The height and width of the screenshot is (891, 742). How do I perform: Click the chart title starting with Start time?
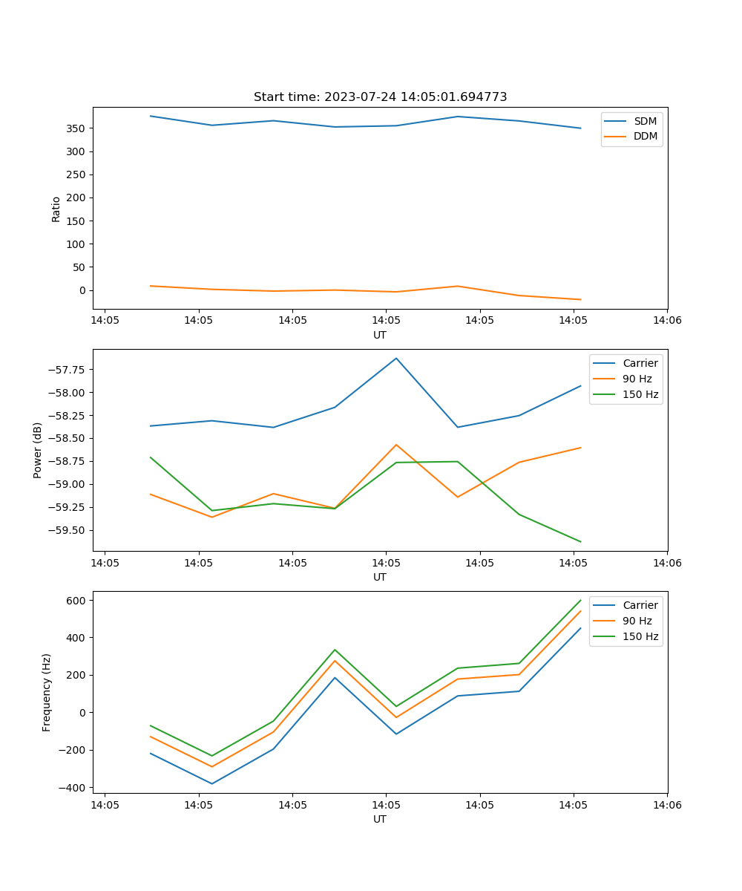coord(380,97)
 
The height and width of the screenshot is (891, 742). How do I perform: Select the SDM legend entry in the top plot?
coord(645,121)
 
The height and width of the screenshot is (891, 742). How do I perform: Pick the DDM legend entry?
coord(645,136)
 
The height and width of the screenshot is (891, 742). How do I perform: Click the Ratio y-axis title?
coord(56,209)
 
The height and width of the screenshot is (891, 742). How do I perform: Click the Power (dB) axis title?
coord(38,450)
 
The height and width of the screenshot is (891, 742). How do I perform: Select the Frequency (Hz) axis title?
coord(47,692)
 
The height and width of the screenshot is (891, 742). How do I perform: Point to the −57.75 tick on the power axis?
coord(65,370)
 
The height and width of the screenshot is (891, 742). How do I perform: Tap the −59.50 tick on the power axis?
coord(65,530)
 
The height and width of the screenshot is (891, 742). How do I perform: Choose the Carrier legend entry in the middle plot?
coord(640,363)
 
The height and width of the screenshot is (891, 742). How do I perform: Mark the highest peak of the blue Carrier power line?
coord(396,358)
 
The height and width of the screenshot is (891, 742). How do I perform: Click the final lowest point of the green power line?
coord(580,541)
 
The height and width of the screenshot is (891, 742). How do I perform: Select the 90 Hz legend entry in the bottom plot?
coord(637,621)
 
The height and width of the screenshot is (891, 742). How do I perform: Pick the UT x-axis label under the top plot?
coord(380,335)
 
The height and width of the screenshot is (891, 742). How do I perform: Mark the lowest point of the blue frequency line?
coord(212,783)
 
